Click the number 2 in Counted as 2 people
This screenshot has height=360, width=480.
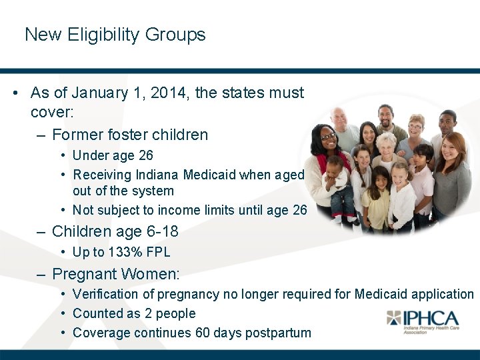(163, 313)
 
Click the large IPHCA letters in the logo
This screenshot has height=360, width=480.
(431, 318)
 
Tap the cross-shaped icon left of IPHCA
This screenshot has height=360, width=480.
(395, 318)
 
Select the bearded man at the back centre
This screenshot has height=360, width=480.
(385, 120)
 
